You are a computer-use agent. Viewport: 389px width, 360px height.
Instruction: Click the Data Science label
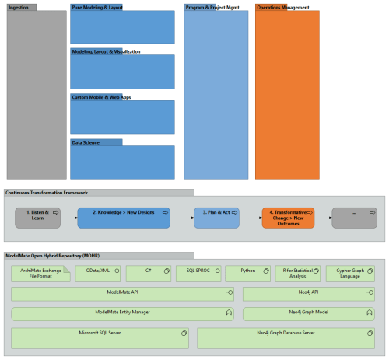85,142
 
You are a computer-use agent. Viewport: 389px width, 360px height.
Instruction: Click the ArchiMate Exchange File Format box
40,274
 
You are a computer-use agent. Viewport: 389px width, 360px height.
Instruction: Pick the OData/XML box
97,274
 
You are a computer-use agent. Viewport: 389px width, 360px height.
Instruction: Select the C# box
148,274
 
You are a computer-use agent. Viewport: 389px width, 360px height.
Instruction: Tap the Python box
247,274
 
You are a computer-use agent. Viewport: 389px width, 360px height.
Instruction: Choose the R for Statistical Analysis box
298,274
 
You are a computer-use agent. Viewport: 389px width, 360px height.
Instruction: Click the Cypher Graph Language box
349,274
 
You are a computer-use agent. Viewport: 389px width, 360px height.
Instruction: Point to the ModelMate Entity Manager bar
123,313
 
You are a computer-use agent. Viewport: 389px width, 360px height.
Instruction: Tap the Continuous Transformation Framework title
47,192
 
